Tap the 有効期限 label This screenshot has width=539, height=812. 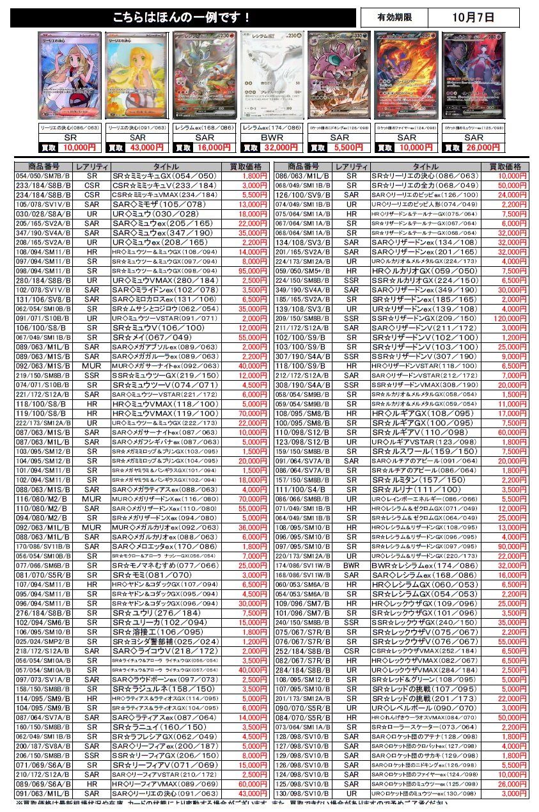click(x=394, y=17)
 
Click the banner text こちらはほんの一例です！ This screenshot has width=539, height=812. click(x=183, y=18)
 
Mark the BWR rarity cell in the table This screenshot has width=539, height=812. click(x=352, y=566)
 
